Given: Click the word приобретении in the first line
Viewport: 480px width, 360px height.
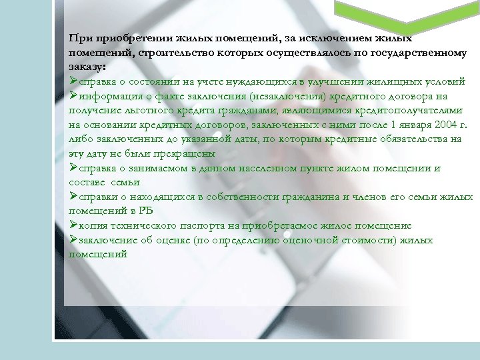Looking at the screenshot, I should coord(120,38).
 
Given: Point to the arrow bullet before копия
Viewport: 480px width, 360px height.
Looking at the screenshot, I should coord(73,225).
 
